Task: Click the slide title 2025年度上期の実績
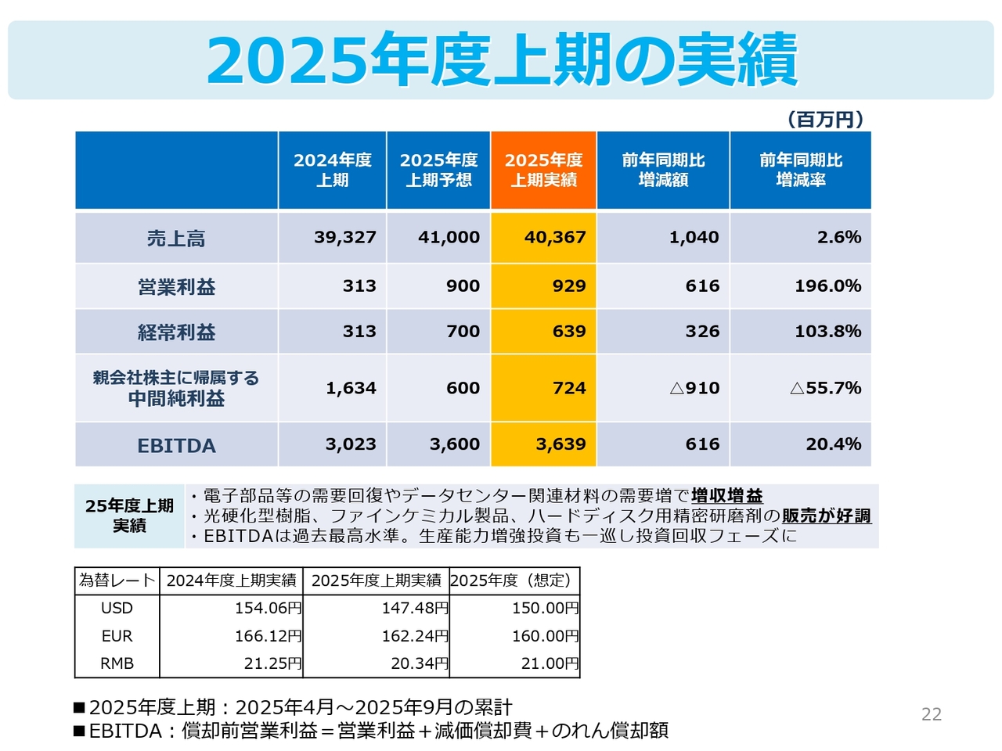click(x=501, y=59)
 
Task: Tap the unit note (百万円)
click(x=825, y=120)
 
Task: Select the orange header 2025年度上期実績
click(x=544, y=170)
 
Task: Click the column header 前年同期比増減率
click(x=800, y=170)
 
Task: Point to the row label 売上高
click(x=176, y=239)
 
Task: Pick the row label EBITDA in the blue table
click(x=176, y=445)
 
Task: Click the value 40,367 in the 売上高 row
click(x=555, y=237)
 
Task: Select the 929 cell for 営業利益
click(x=568, y=286)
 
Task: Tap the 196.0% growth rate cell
click(x=827, y=286)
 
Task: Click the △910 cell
click(x=694, y=388)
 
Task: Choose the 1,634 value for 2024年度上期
click(x=351, y=388)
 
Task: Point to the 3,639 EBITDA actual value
click(x=560, y=444)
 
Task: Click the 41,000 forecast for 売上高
click(x=449, y=237)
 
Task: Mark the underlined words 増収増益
click(x=726, y=495)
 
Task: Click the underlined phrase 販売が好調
click(x=826, y=516)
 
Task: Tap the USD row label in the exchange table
click(x=117, y=608)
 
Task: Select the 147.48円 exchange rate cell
click(x=414, y=608)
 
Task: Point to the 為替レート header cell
click(x=117, y=580)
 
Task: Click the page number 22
click(x=932, y=713)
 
